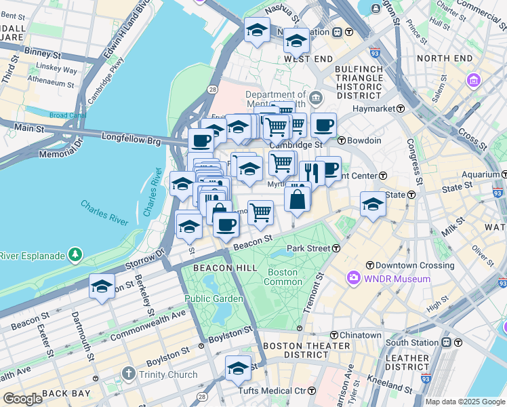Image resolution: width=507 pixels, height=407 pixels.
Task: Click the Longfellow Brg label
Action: click(131, 138)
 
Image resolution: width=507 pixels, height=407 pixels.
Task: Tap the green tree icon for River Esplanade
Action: click(75, 256)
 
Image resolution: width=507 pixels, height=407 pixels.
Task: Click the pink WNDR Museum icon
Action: click(353, 278)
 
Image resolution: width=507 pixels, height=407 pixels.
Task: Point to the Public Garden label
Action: click(214, 298)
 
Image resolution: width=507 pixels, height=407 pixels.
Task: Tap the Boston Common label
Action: click(283, 277)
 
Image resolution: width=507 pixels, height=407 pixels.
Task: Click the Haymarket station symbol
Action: click(401, 109)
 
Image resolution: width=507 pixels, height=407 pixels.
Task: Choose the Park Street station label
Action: click(308, 249)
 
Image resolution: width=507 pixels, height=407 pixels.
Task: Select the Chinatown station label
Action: click(361, 335)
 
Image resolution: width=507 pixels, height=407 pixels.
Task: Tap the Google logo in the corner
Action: click(22, 398)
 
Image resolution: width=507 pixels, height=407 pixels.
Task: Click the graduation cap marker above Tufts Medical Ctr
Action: click(238, 368)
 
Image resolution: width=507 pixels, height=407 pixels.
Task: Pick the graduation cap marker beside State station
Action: click(372, 204)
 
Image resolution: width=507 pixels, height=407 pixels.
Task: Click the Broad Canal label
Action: click(67, 115)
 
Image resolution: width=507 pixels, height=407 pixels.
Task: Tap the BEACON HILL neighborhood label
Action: click(216, 268)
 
